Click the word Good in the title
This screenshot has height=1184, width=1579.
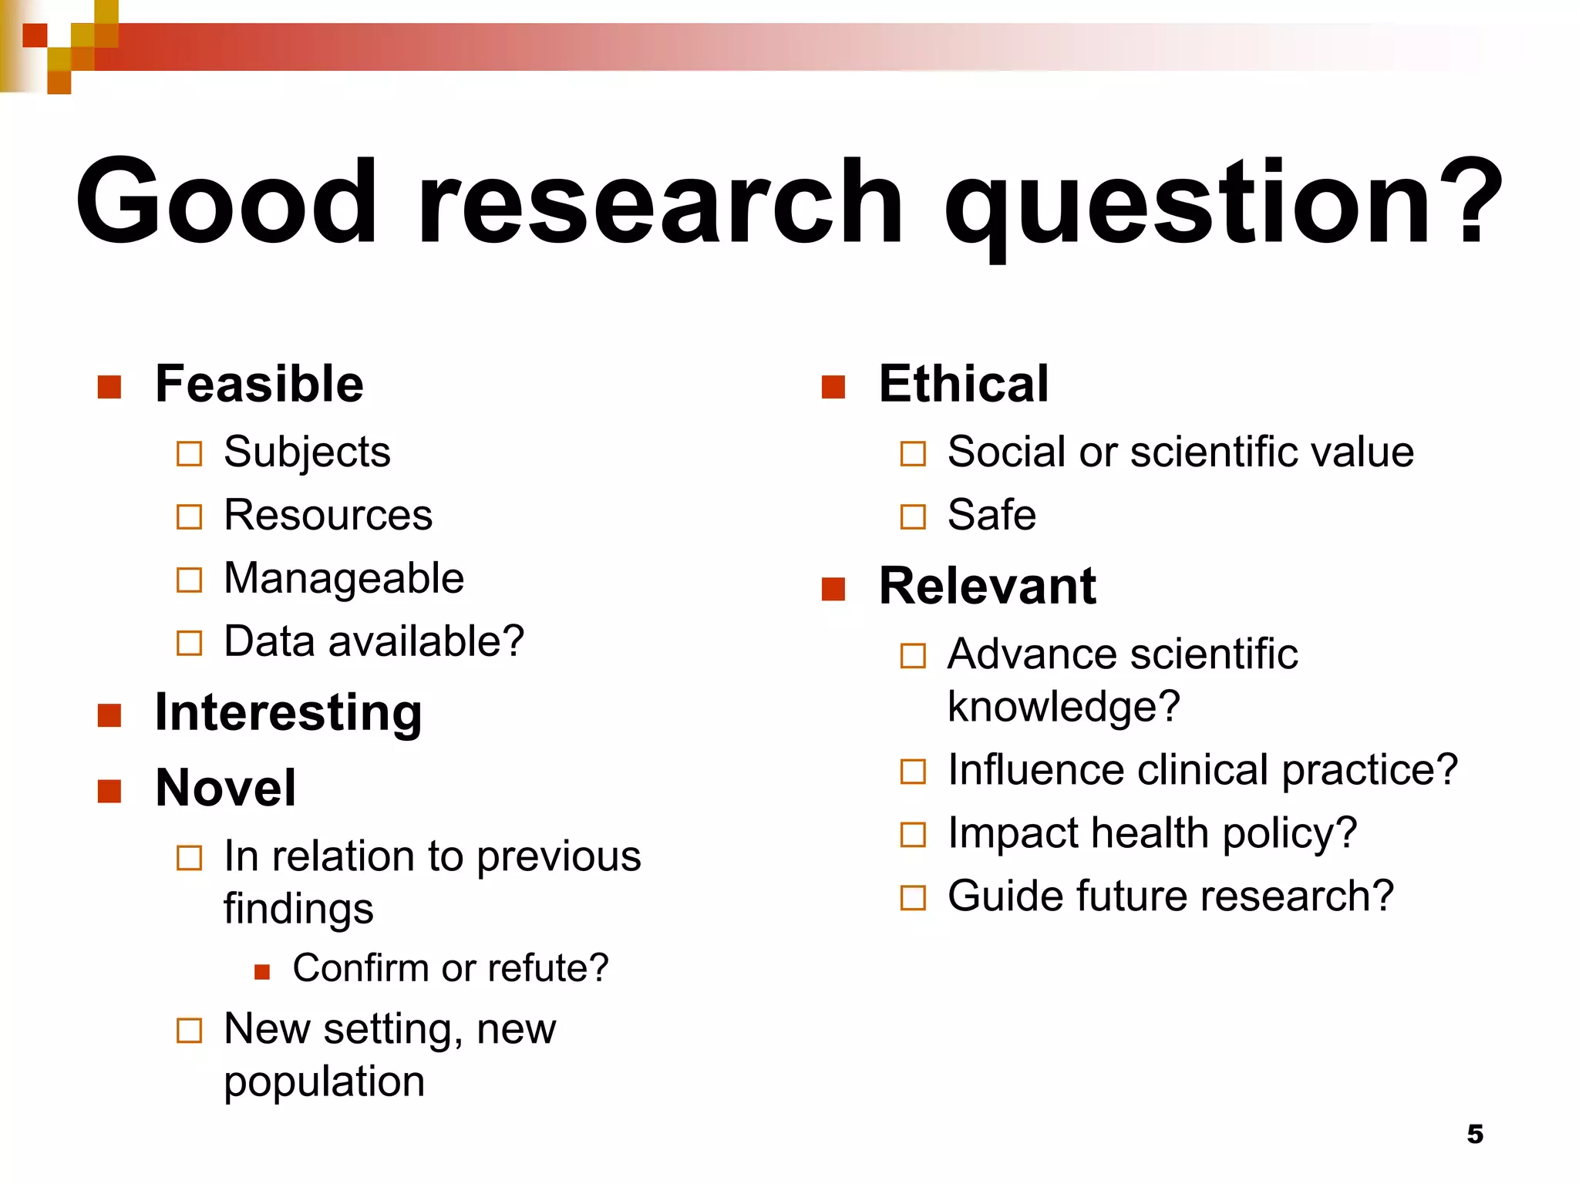click(226, 202)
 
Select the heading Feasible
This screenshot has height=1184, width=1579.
click(259, 384)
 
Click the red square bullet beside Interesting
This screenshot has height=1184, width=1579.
click(109, 715)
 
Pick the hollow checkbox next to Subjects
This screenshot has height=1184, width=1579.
click(189, 453)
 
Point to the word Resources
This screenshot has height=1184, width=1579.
click(328, 515)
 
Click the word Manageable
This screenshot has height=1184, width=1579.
click(344, 578)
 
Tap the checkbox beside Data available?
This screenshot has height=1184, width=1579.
click(189, 643)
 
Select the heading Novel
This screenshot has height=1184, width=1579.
click(225, 788)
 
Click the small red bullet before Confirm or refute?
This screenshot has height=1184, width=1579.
click(262, 971)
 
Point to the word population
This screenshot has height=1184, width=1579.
click(324, 1082)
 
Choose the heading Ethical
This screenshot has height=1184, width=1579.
click(964, 384)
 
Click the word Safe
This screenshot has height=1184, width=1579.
click(992, 515)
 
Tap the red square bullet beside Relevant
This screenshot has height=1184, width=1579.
click(833, 589)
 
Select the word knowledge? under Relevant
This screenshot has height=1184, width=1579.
click(1064, 708)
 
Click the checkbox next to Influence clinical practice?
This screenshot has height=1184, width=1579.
click(913, 772)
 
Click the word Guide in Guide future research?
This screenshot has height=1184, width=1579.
click(1005, 896)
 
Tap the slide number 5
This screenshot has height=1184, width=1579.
click(1475, 1134)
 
